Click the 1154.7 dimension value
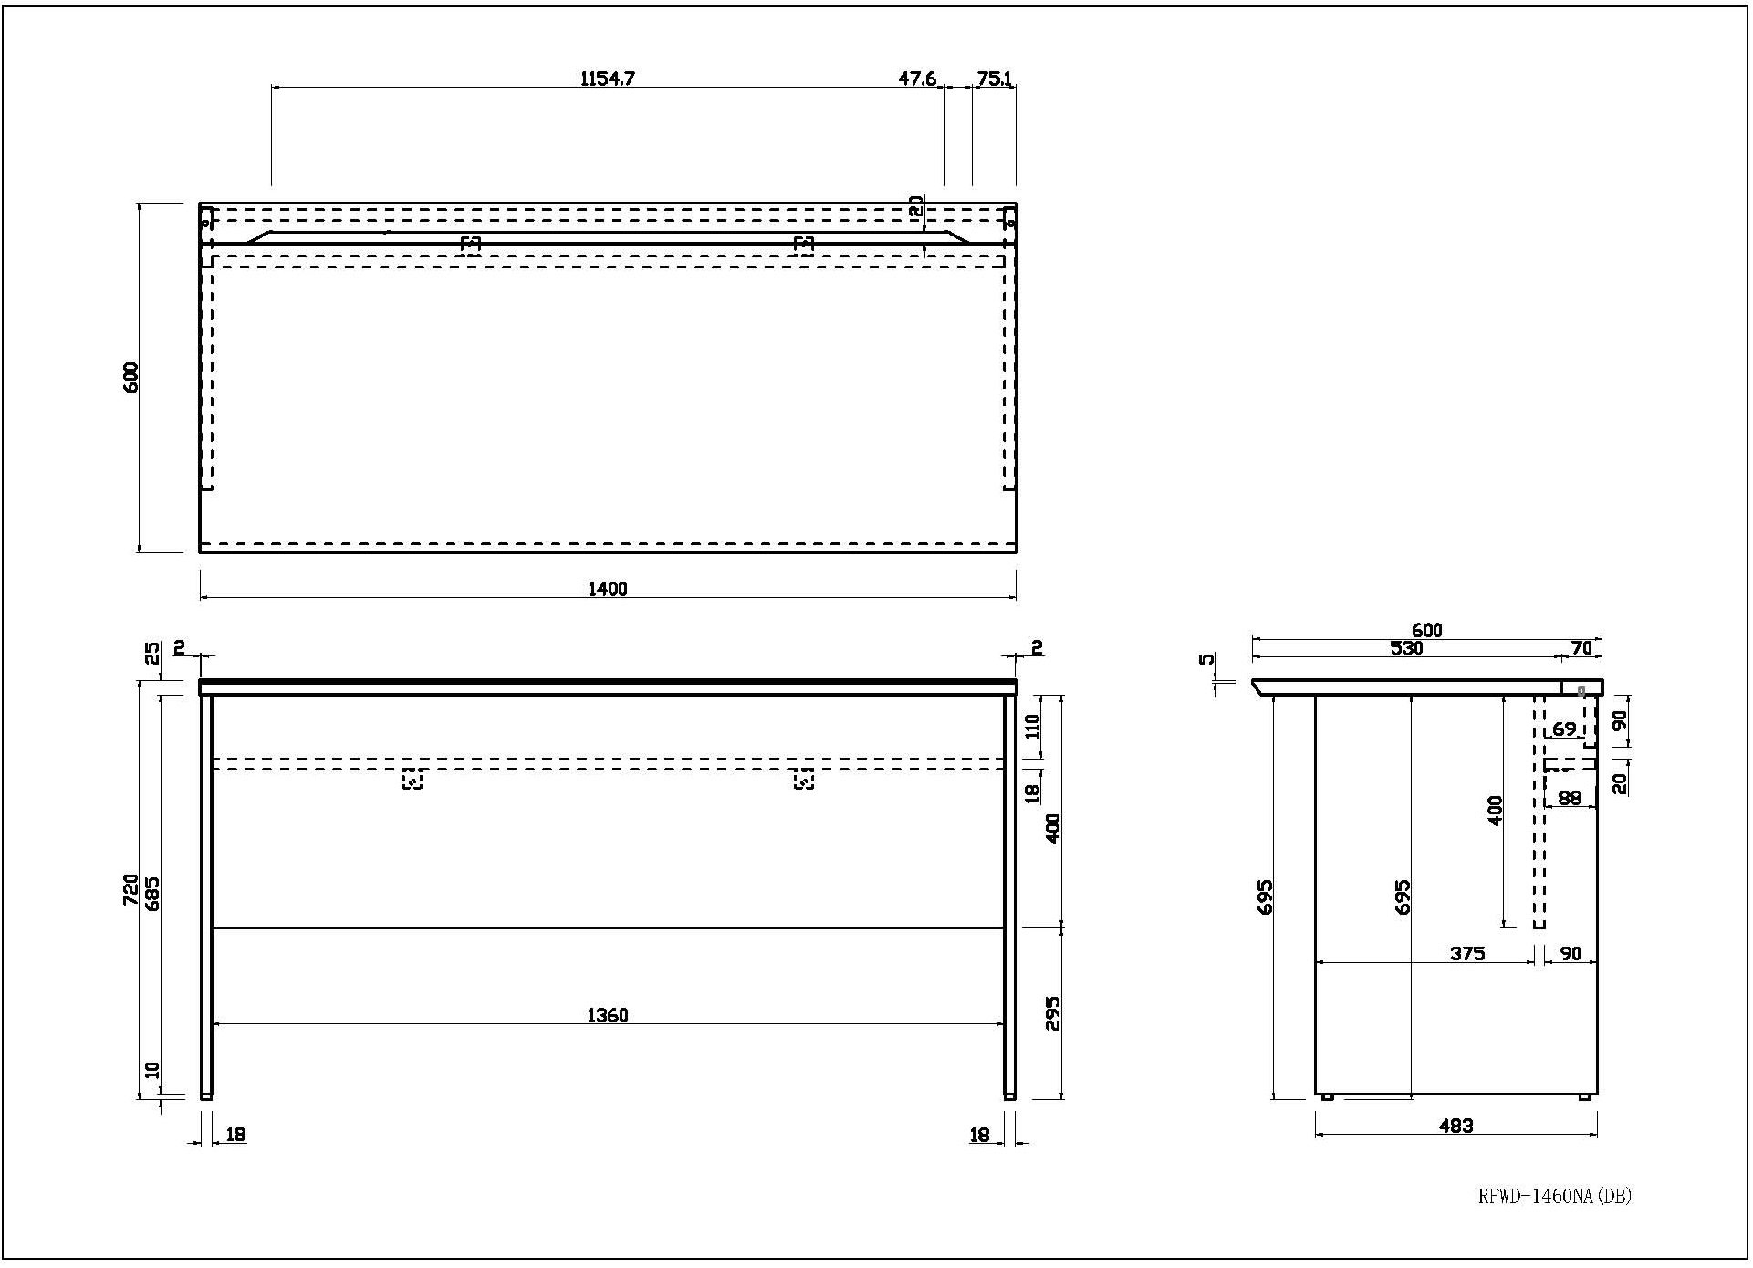[608, 79]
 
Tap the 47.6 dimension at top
[917, 79]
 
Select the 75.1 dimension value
[994, 79]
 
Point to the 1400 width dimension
[608, 589]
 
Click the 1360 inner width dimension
[608, 1015]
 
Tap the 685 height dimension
[152, 893]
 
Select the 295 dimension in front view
[1053, 1012]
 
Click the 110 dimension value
[1032, 726]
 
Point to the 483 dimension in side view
[1456, 1127]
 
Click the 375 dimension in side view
[1467, 954]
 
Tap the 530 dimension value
[1406, 648]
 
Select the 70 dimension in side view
[1581, 648]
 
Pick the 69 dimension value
[1564, 729]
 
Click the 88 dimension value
[1570, 798]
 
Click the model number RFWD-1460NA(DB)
[1554, 1196]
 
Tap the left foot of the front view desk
[206, 1095]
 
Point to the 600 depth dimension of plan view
[131, 377]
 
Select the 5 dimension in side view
[1206, 659]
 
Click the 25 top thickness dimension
[152, 653]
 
